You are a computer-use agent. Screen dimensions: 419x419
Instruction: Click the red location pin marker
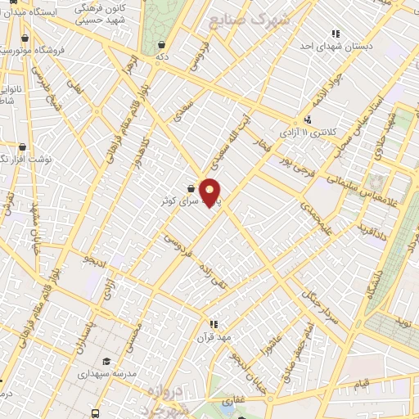click(x=210, y=192)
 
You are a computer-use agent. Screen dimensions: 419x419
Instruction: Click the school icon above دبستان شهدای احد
click(x=336, y=34)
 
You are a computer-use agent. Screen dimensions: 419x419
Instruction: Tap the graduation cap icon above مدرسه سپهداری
click(x=106, y=361)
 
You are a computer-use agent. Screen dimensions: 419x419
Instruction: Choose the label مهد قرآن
click(x=214, y=336)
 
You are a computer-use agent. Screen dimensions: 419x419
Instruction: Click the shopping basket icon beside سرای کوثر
click(x=191, y=188)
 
